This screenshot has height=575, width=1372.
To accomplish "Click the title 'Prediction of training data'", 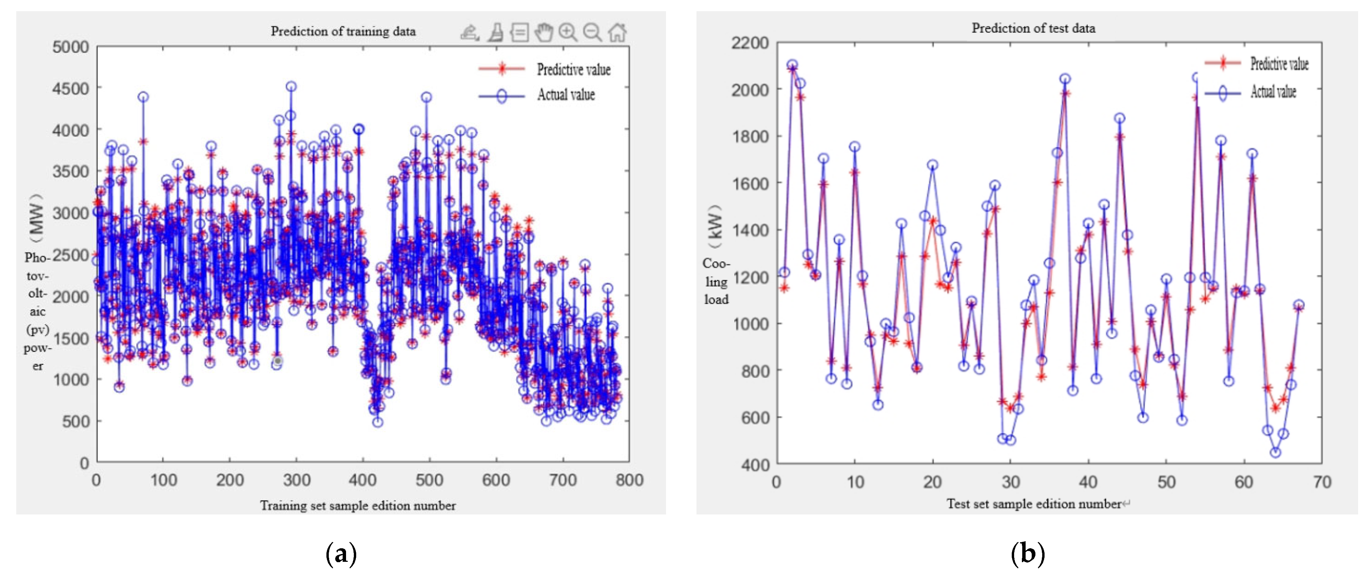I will click(343, 31).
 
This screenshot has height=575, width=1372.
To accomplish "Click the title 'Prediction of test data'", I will click(1033, 28).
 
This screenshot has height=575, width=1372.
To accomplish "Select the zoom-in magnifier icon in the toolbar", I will click(568, 32).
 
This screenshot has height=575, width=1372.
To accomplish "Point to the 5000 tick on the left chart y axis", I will click(70, 47).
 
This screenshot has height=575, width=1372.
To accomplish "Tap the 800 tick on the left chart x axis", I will click(629, 480).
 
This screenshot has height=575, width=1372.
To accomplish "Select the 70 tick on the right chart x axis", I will click(1321, 482).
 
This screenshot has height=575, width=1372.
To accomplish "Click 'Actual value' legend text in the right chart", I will click(1273, 92).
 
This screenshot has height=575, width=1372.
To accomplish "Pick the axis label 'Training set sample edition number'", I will click(358, 505).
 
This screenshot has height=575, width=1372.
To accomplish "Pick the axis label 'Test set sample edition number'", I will click(1033, 504).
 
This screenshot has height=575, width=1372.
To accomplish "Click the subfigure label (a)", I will click(341, 554).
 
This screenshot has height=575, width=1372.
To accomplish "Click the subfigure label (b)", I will click(1027, 554).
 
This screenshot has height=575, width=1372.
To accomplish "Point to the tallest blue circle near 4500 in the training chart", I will click(291, 86).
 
